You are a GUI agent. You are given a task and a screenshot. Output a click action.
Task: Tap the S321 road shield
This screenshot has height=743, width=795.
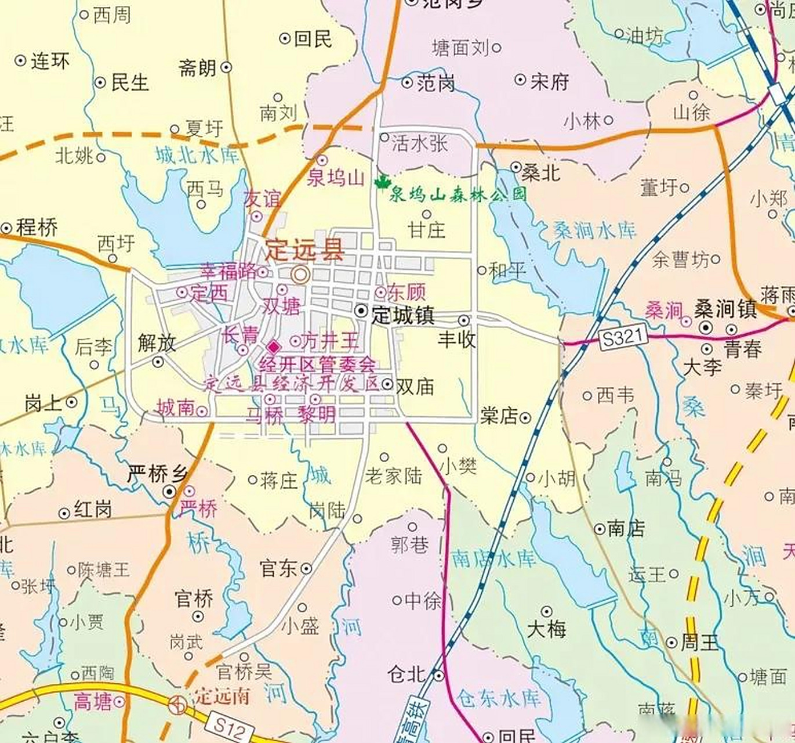(623, 337)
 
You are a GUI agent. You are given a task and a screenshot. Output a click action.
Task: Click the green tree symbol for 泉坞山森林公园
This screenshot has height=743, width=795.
(382, 183)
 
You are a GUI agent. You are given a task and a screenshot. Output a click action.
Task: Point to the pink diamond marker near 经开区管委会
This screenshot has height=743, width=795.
(274, 347)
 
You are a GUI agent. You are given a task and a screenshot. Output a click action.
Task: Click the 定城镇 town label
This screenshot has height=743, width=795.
(402, 315)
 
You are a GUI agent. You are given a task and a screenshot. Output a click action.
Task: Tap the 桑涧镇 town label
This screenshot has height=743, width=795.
(725, 309)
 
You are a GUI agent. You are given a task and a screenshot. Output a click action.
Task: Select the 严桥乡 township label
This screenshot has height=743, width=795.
(157, 474)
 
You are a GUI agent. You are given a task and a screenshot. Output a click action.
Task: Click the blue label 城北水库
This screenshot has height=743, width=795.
(197, 155)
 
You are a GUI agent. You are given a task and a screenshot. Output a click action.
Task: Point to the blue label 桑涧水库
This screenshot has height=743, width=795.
(595, 230)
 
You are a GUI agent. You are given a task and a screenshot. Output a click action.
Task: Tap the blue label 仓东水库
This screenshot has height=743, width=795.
(498, 698)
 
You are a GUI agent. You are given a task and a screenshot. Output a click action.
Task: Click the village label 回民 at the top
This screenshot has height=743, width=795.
(313, 39)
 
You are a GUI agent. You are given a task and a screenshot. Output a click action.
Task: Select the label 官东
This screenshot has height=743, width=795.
(278, 568)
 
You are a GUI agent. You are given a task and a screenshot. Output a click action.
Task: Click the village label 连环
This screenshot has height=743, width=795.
(50, 61)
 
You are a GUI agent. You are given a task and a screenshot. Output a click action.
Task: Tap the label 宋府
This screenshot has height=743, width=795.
(549, 81)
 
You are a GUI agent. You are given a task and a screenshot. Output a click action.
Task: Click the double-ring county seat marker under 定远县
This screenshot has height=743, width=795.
(300, 274)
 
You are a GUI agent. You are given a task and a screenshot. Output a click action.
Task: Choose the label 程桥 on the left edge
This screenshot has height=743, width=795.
(37, 227)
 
